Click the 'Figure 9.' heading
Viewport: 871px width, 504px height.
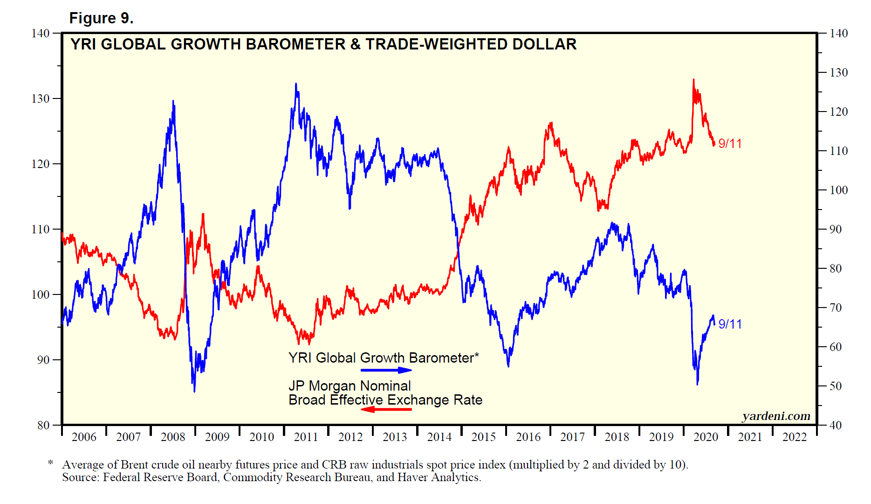coord(101,18)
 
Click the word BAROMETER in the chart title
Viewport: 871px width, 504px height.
coord(295,44)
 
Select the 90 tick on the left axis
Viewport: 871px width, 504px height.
coord(43,360)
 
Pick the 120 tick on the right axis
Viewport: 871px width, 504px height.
coord(838,112)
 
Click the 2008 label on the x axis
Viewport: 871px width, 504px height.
coord(173,437)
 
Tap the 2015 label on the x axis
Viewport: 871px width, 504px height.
coord(484,437)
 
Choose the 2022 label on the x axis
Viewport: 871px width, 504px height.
coord(794,437)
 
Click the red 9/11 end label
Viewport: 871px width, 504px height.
coord(730,143)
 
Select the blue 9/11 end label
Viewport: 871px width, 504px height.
coord(730,324)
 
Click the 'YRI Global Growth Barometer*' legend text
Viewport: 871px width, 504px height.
coord(384,358)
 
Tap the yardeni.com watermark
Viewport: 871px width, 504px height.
coord(776,416)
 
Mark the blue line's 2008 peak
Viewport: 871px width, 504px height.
coord(173,101)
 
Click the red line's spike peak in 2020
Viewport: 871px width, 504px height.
coord(693,80)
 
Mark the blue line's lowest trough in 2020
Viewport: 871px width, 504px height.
coord(697,384)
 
